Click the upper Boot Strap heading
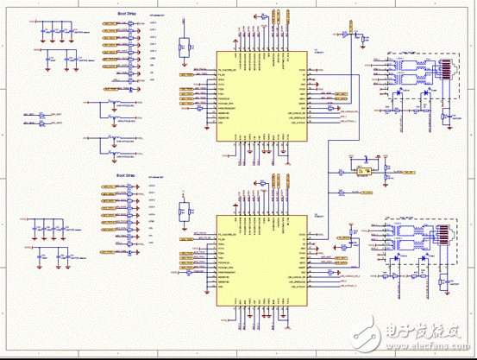point(126,14)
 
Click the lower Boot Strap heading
point(126,175)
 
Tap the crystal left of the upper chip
point(182,47)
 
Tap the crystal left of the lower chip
point(182,212)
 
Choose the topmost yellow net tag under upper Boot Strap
point(110,27)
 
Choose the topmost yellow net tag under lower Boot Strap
point(110,187)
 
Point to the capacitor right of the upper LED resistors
point(443,117)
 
